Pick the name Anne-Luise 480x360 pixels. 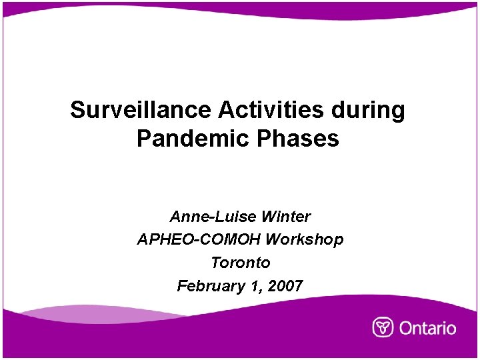coord(213,217)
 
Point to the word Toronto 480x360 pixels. coord(240,263)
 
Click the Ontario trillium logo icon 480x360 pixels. coord(383,327)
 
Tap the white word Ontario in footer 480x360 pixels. coord(427,328)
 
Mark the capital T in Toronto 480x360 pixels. coord(216,263)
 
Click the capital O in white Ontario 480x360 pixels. coord(406,328)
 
